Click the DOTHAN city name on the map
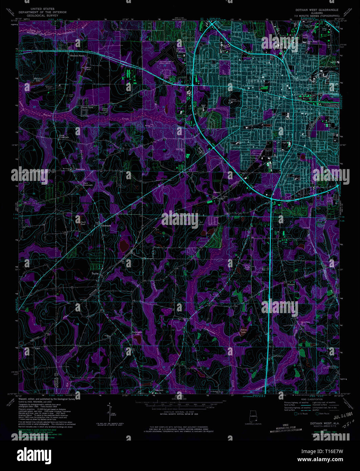click(x=256, y=81)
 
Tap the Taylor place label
click(x=95, y=273)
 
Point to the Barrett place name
click(x=217, y=192)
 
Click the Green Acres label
click(x=87, y=107)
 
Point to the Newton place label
click(x=291, y=284)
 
